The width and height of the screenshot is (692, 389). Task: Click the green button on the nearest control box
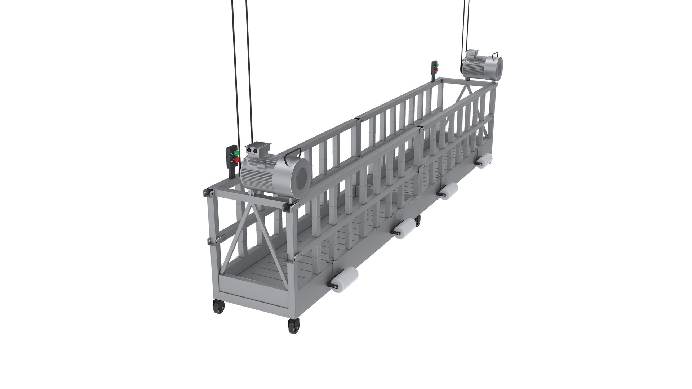point(236,153)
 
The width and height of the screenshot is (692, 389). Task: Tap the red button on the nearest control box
point(236,159)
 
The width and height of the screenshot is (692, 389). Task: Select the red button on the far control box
point(436,69)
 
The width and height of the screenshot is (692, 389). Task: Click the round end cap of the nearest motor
point(299,178)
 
